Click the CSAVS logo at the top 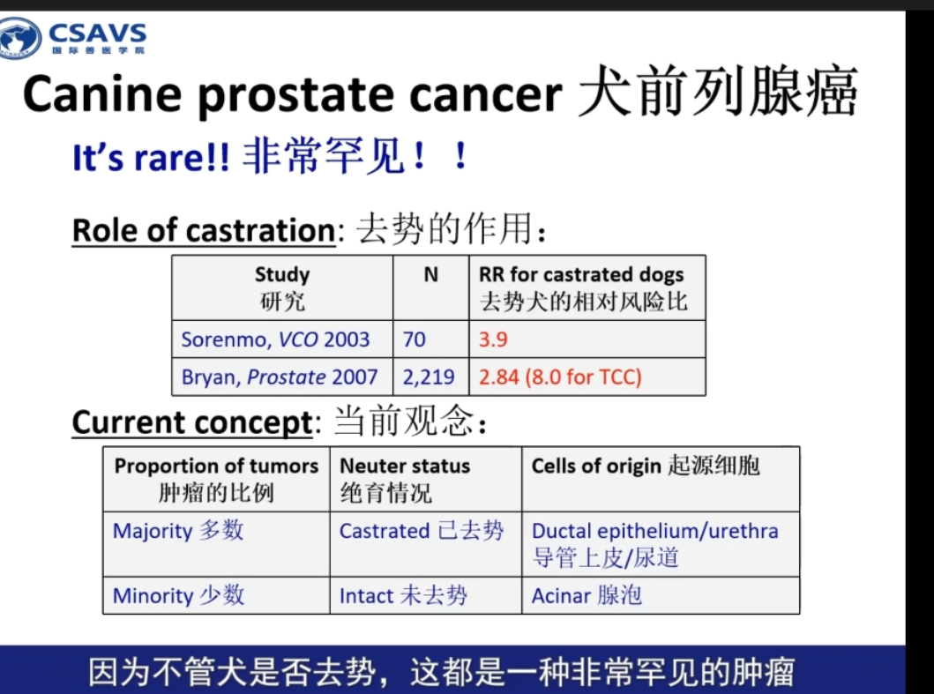pos(73,38)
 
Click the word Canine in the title pos(101,94)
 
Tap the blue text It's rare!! pos(151,158)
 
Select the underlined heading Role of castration pos(204,230)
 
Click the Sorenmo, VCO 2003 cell pos(275,340)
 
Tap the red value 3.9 pos(493,340)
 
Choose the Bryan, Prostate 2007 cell pos(280,377)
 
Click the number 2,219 pos(429,377)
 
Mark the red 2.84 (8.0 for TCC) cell pos(560,377)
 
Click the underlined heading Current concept pos(192,422)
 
